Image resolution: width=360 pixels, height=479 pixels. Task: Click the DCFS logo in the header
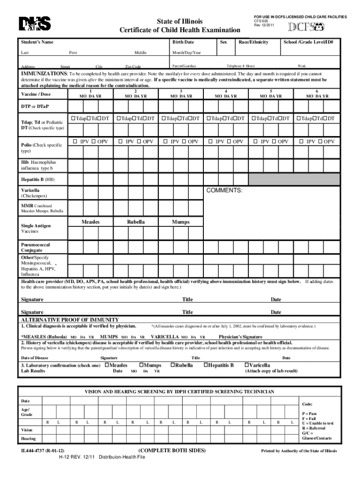tap(306, 27)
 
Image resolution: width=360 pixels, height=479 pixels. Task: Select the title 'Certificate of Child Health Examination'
tap(180, 30)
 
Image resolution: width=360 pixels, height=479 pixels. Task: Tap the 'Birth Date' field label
tap(183, 42)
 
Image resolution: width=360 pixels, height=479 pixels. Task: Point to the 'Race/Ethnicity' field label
tap(253, 42)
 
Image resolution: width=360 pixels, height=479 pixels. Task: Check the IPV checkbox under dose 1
tap(75, 141)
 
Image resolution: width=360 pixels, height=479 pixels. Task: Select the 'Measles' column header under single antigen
tap(90, 222)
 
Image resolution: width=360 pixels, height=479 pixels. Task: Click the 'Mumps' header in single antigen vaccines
tap(180, 222)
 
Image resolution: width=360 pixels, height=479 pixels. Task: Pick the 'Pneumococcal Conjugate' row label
tap(36, 247)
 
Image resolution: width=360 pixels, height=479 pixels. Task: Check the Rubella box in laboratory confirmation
tap(173, 365)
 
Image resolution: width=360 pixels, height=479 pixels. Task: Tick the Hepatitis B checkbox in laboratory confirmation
tap(206, 365)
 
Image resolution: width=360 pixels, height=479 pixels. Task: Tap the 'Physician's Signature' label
tap(240, 337)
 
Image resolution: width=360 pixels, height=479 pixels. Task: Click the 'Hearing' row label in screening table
tap(28, 438)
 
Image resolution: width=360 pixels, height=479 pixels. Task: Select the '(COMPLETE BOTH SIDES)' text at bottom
tap(172, 450)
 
